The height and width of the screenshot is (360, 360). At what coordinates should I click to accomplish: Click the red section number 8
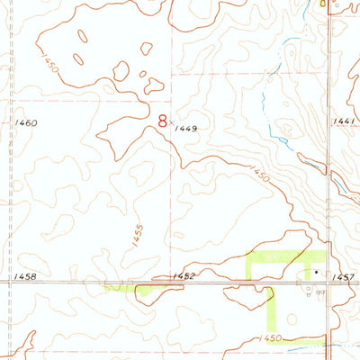point(162,120)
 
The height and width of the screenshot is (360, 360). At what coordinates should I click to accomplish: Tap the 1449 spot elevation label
point(188,129)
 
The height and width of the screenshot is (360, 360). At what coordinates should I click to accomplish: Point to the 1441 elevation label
point(344,121)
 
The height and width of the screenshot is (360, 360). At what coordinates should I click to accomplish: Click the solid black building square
point(316,269)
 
